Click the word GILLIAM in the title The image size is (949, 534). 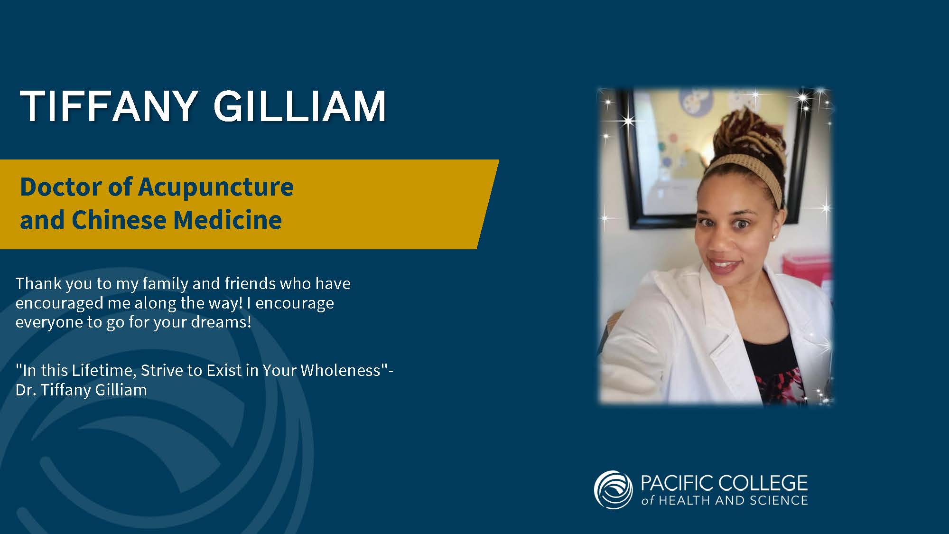tap(300, 106)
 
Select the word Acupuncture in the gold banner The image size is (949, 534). tap(216, 187)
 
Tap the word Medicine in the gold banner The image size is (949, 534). tap(227, 220)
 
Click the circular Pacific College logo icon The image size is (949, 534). tap(613, 490)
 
